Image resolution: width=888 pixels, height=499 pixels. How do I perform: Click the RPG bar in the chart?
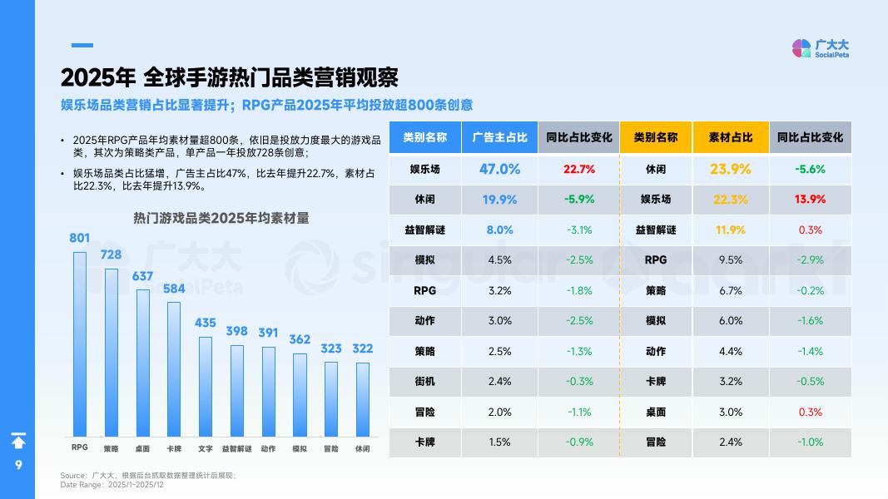(80, 343)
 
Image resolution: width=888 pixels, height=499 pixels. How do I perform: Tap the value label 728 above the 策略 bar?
(111, 254)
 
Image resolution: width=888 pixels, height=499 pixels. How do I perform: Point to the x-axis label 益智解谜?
(236, 448)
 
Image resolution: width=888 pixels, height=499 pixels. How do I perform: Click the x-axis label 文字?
(205, 448)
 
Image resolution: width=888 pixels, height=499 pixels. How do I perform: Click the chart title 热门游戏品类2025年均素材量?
(221, 218)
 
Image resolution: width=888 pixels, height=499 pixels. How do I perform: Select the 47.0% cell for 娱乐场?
(499, 169)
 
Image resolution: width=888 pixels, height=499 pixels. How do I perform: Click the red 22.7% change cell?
(578, 169)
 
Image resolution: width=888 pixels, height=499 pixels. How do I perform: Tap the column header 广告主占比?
(499, 137)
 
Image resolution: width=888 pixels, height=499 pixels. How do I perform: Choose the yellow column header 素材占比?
(731, 137)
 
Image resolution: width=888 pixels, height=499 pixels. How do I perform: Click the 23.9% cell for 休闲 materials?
(731, 169)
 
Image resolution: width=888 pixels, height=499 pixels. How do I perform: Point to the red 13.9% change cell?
(810, 200)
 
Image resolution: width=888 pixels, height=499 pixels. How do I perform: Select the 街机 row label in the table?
(424, 381)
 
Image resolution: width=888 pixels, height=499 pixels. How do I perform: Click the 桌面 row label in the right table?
(656, 412)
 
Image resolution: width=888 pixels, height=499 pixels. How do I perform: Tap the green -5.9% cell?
(578, 200)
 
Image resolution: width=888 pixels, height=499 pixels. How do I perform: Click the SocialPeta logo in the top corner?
(820, 48)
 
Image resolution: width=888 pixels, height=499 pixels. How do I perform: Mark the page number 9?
(17, 465)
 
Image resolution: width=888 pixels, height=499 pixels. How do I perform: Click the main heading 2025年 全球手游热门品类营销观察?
(229, 77)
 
